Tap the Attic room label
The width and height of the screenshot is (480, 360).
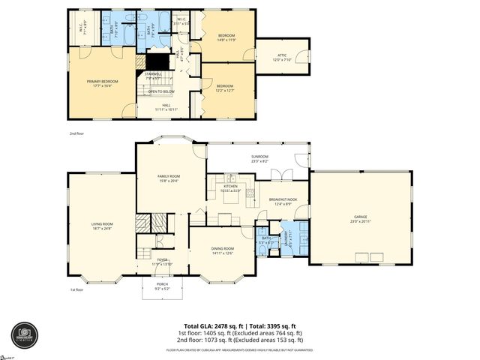pos(282,57)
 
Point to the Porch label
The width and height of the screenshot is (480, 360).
pos(162,286)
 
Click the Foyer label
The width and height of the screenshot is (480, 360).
pos(161,261)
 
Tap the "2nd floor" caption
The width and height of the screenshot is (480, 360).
pos(75,133)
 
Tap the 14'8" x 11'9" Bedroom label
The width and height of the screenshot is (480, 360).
pos(226,37)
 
